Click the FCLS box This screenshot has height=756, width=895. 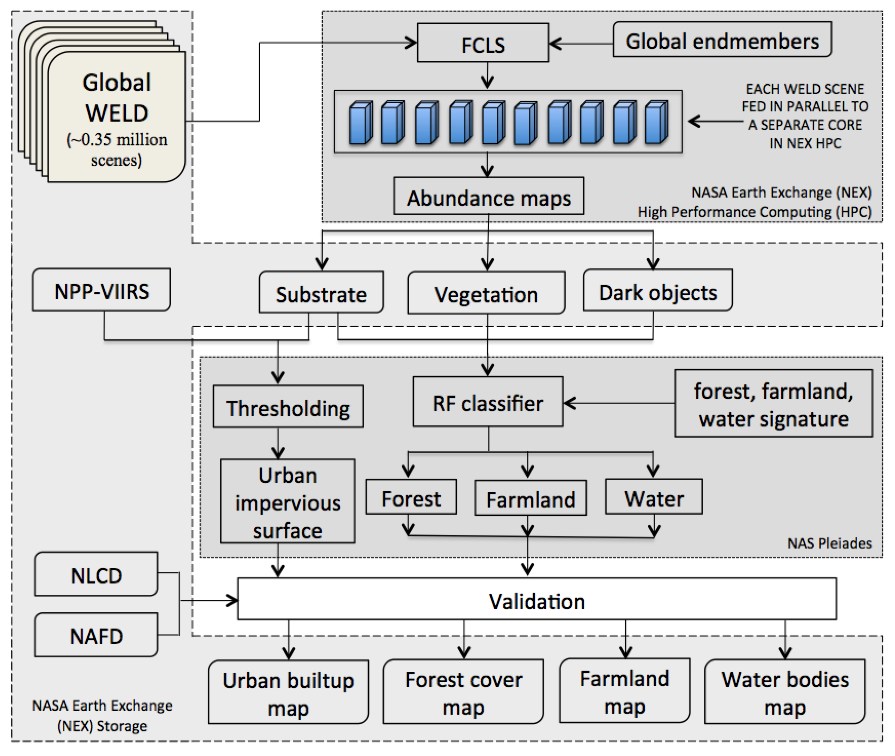coord(483,43)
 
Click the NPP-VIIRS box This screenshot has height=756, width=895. coord(101,290)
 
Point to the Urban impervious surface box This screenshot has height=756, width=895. coord(287,501)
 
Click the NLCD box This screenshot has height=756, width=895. coord(96,574)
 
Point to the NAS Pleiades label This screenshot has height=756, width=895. coord(829,543)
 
